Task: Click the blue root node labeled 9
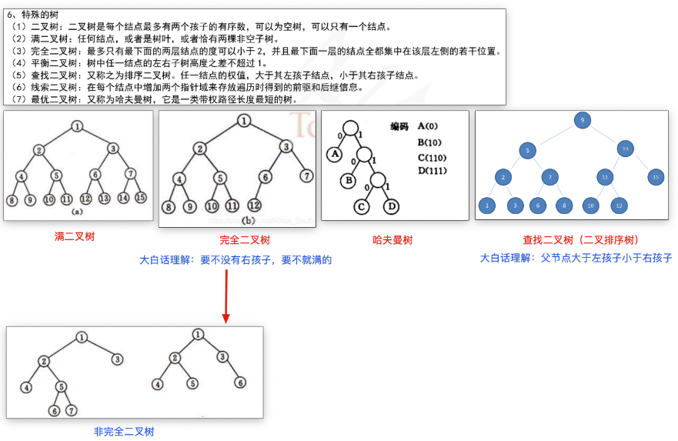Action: coord(583,119)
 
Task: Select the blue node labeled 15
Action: coord(655,178)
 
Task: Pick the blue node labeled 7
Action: coord(549,178)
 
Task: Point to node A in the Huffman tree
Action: coord(334,154)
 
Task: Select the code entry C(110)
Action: coord(433,158)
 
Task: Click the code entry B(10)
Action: coord(429,142)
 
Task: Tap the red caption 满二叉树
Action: coord(75,236)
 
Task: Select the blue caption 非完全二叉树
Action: coord(124,432)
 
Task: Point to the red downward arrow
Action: coord(226,296)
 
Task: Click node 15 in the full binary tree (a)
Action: coord(140,198)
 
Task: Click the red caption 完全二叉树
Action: coord(245,240)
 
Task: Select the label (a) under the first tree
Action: coord(77,210)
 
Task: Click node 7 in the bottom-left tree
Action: coord(71,410)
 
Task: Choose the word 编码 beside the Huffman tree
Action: coord(400,126)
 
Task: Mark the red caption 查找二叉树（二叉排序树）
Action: coord(581,240)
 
